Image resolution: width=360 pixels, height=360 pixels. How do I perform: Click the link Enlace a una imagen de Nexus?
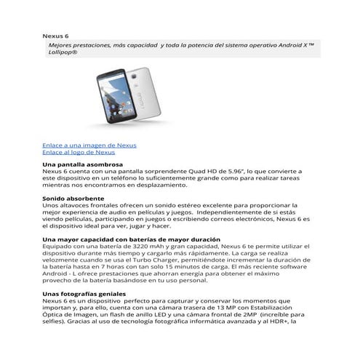(89, 145)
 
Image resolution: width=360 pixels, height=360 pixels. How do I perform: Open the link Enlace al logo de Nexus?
(78, 153)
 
